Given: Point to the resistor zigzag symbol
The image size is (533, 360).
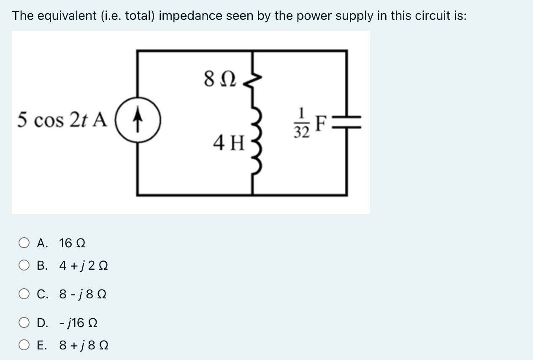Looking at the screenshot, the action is pyautogui.click(x=253, y=80).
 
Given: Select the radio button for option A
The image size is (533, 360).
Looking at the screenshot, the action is pyautogui.click(x=24, y=243).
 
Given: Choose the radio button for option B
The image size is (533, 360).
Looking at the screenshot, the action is pyautogui.click(x=24, y=266).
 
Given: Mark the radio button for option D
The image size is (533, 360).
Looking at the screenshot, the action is pyautogui.click(x=24, y=323).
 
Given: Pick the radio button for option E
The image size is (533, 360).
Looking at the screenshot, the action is pyautogui.click(x=24, y=346).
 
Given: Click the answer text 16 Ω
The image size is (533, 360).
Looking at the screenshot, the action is pyautogui.click(x=73, y=243).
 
